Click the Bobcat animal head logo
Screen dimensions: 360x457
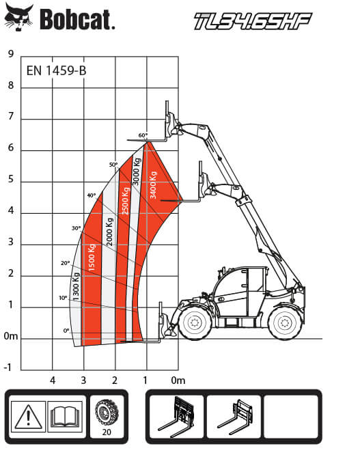point(19,18)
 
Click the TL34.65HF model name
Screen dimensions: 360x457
point(253,21)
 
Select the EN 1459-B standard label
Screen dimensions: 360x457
point(56,70)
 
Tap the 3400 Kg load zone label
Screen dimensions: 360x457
point(153,185)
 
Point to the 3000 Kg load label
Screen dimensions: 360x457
point(137,171)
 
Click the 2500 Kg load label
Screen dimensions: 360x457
point(125,201)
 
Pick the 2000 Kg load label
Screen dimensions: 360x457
point(109,232)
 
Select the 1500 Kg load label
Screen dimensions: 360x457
point(92,258)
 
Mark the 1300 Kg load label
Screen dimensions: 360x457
point(76,287)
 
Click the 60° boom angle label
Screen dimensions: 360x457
point(143,135)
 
